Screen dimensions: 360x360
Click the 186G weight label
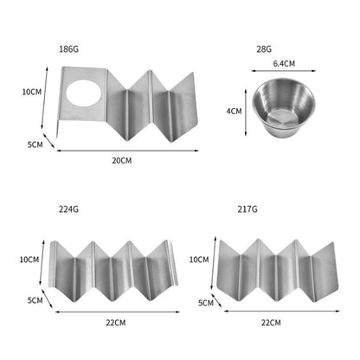tap(68, 49)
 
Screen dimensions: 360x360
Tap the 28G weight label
tap(264, 49)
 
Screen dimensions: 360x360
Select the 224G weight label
tap(68, 209)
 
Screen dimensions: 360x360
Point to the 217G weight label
tap(247, 209)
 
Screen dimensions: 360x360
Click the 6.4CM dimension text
tap(284, 63)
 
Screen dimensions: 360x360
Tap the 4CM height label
tap(234, 111)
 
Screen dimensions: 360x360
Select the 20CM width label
tap(122, 160)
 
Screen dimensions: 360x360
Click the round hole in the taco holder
tap(84, 93)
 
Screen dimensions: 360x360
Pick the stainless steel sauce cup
tap(284, 107)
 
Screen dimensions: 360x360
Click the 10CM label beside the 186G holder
tap(32, 92)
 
